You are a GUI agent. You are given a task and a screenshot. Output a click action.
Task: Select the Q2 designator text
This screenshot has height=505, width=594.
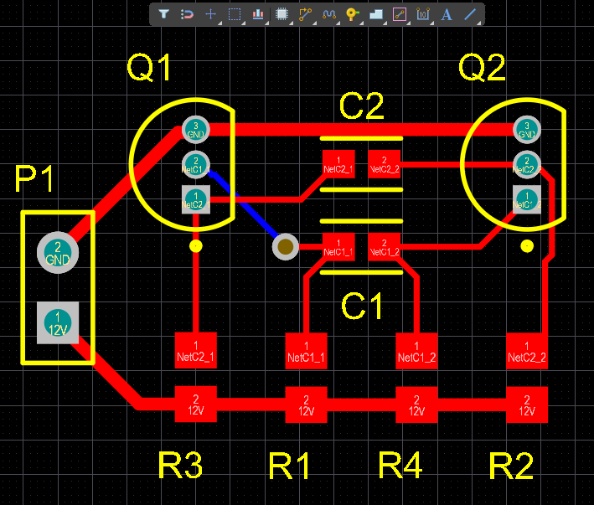pyautogui.click(x=483, y=68)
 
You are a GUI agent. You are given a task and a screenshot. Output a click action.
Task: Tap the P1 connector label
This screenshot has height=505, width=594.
pyautogui.click(x=35, y=180)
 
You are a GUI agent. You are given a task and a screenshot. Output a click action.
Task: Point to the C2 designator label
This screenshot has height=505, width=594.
pyautogui.click(x=361, y=107)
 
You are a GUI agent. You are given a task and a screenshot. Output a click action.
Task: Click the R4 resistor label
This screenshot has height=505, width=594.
pyautogui.click(x=400, y=466)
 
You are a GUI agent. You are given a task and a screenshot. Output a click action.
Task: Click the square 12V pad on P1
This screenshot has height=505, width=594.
pyautogui.click(x=58, y=322)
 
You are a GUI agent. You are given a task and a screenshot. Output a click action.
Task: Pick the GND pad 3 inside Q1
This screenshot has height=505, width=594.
pyautogui.click(x=195, y=130)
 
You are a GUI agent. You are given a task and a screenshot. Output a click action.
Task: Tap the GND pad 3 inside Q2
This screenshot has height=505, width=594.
pyautogui.click(x=526, y=130)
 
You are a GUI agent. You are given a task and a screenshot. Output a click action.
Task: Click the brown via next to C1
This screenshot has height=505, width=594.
pyautogui.click(x=286, y=246)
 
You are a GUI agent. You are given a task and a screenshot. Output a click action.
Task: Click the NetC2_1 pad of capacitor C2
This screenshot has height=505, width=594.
pyautogui.click(x=338, y=164)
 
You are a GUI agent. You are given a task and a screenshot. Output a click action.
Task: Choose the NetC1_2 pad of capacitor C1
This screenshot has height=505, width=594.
pyautogui.click(x=385, y=247)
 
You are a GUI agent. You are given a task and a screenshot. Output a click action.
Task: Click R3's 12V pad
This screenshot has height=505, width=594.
pyautogui.click(x=196, y=405)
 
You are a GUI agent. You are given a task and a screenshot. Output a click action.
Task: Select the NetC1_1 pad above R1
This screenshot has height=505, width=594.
pyautogui.click(x=306, y=351)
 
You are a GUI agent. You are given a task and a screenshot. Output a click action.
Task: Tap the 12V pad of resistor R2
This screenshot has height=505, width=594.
pyautogui.click(x=527, y=405)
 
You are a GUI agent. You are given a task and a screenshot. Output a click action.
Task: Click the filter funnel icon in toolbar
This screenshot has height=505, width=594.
pyautogui.click(x=163, y=14)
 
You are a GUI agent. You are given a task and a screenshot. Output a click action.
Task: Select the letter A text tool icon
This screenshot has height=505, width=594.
pyautogui.click(x=447, y=14)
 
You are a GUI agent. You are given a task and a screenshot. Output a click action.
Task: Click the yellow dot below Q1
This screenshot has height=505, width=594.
pyautogui.click(x=196, y=246)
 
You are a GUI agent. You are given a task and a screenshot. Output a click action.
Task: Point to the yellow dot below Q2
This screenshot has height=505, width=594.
pyautogui.click(x=527, y=245)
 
